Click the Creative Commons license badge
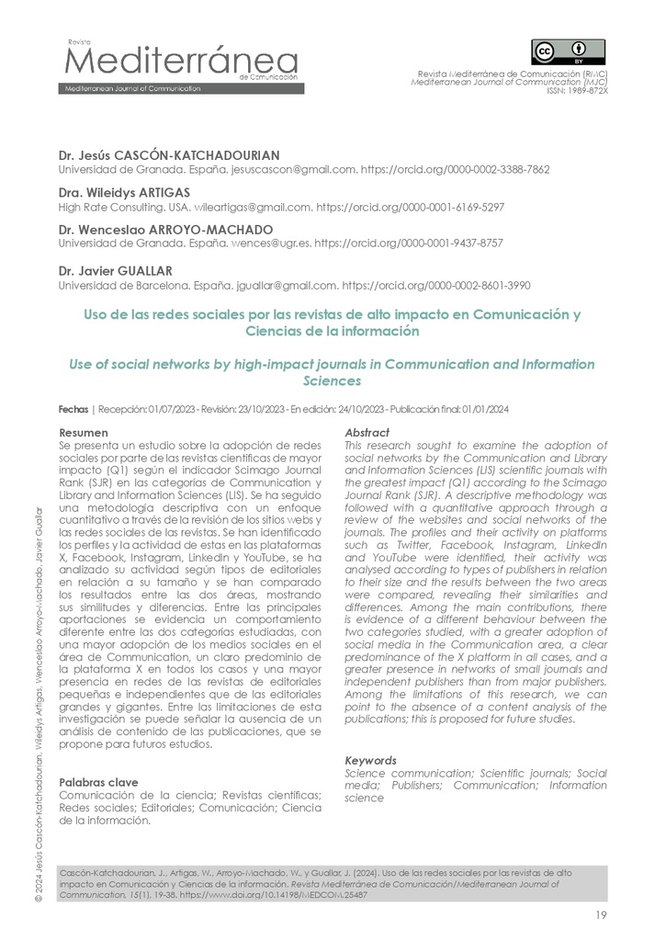click(x=568, y=51)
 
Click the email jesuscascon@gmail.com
click(x=298, y=170)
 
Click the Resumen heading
click(x=84, y=432)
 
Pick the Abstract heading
click(x=367, y=432)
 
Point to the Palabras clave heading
click(x=98, y=782)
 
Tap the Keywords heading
click(x=370, y=761)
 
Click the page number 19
click(x=600, y=914)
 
